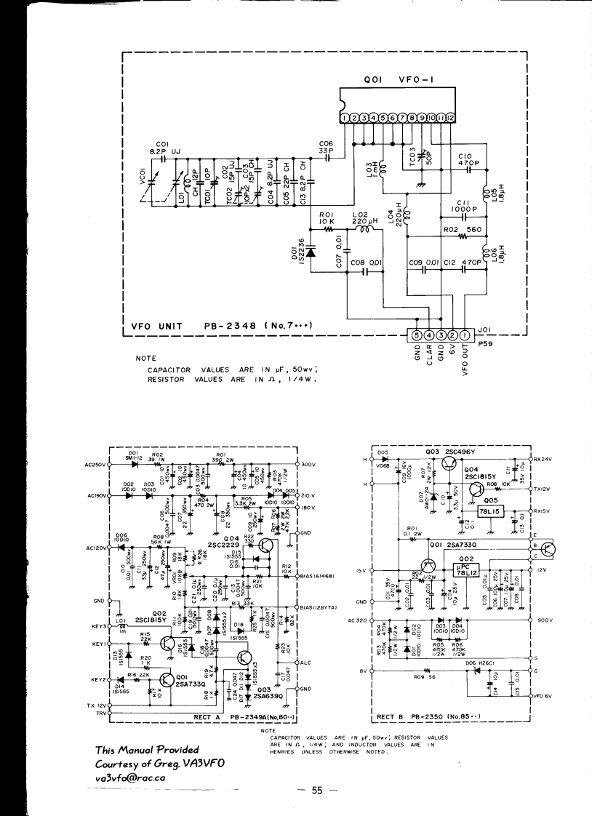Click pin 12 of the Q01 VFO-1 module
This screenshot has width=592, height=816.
[x=450, y=117]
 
